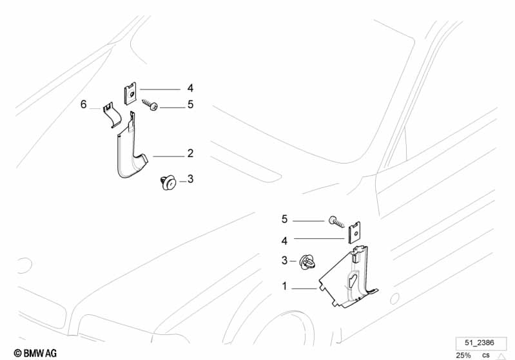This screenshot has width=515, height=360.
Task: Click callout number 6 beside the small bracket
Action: [83, 104]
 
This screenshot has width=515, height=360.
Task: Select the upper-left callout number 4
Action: [190, 88]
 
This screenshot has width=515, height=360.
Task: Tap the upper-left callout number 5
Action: [190, 104]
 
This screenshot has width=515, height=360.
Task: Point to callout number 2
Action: [190, 154]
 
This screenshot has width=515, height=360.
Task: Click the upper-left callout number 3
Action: [190, 180]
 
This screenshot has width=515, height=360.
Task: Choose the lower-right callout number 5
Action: [284, 220]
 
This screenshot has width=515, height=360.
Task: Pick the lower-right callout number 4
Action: [284, 240]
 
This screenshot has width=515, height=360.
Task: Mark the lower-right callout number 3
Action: [284, 261]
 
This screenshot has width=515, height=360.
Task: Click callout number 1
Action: [284, 286]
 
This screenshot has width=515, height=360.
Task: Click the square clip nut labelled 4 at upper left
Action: [129, 93]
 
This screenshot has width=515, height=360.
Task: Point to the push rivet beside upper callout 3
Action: [167, 183]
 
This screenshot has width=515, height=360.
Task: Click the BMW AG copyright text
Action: [23, 353]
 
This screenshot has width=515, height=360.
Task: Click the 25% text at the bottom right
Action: [463, 355]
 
